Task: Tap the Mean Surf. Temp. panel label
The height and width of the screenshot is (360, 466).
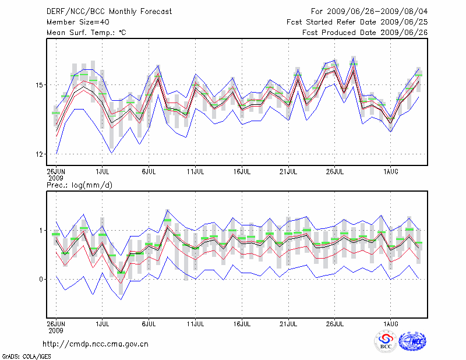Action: coord(86,33)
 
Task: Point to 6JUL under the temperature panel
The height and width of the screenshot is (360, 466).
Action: coord(149,172)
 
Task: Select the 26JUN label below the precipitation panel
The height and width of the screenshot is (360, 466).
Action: coord(56,322)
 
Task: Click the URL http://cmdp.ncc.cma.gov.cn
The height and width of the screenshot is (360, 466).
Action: coord(96,344)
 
